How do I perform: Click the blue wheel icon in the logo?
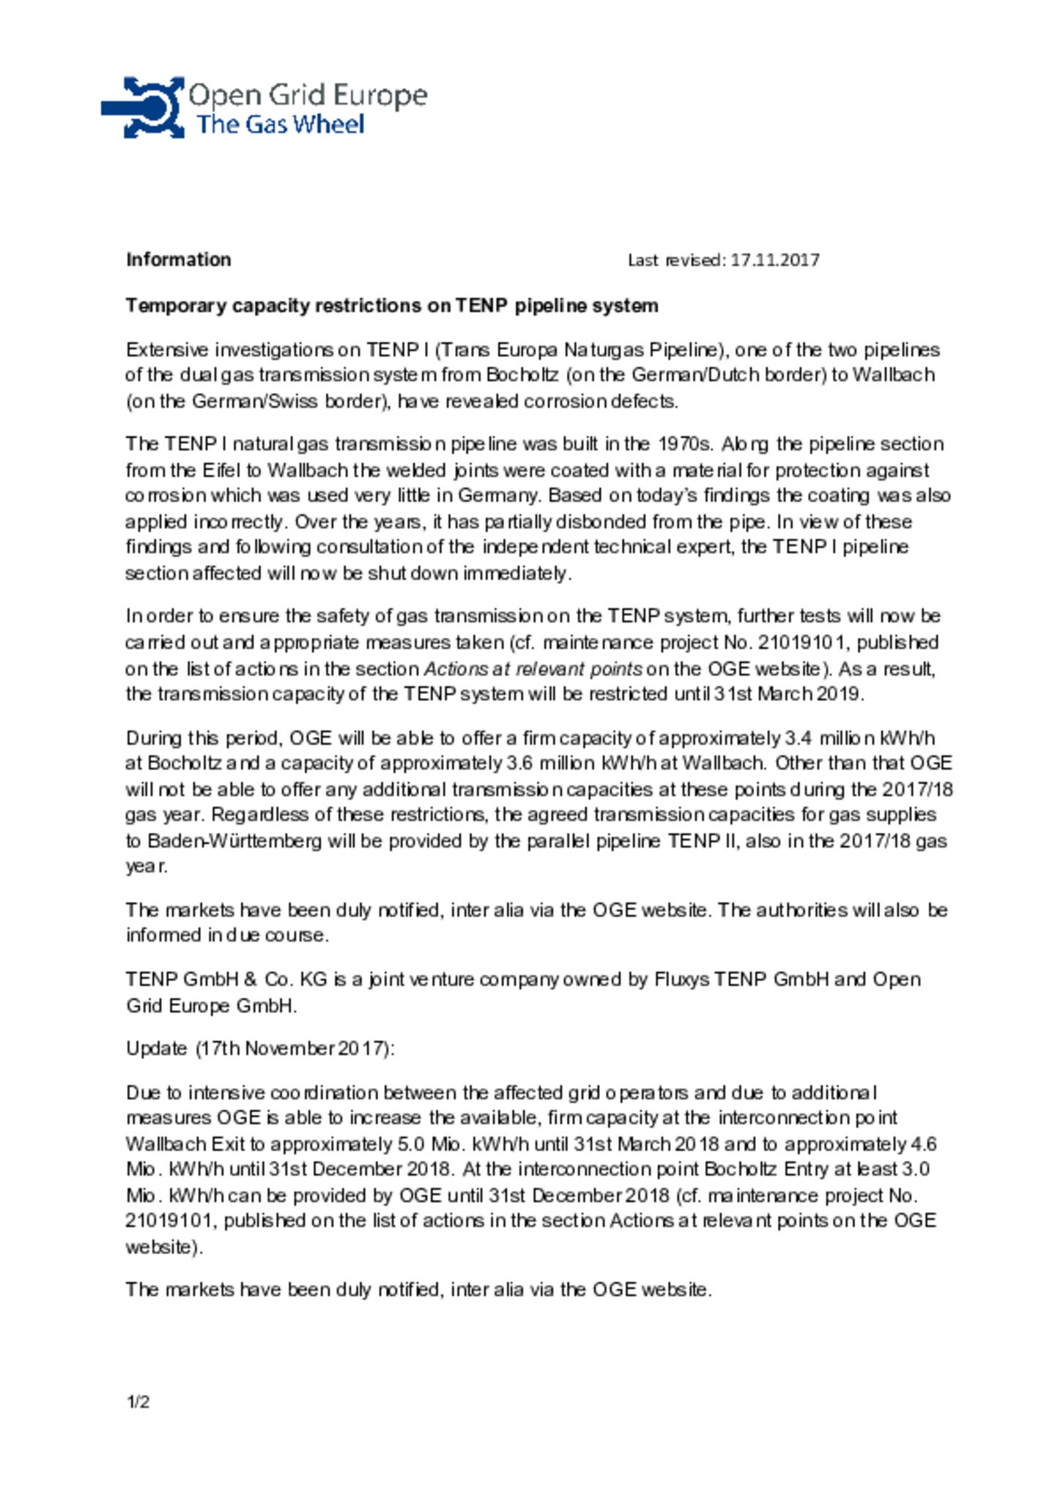click(144, 108)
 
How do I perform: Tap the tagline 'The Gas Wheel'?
click(279, 125)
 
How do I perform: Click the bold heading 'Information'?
click(178, 260)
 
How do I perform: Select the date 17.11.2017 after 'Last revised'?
click(775, 260)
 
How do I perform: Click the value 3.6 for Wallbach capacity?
click(519, 763)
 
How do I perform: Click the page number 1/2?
click(138, 1402)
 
